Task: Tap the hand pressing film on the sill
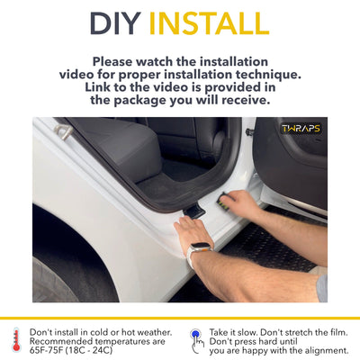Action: (x=241, y=204)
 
